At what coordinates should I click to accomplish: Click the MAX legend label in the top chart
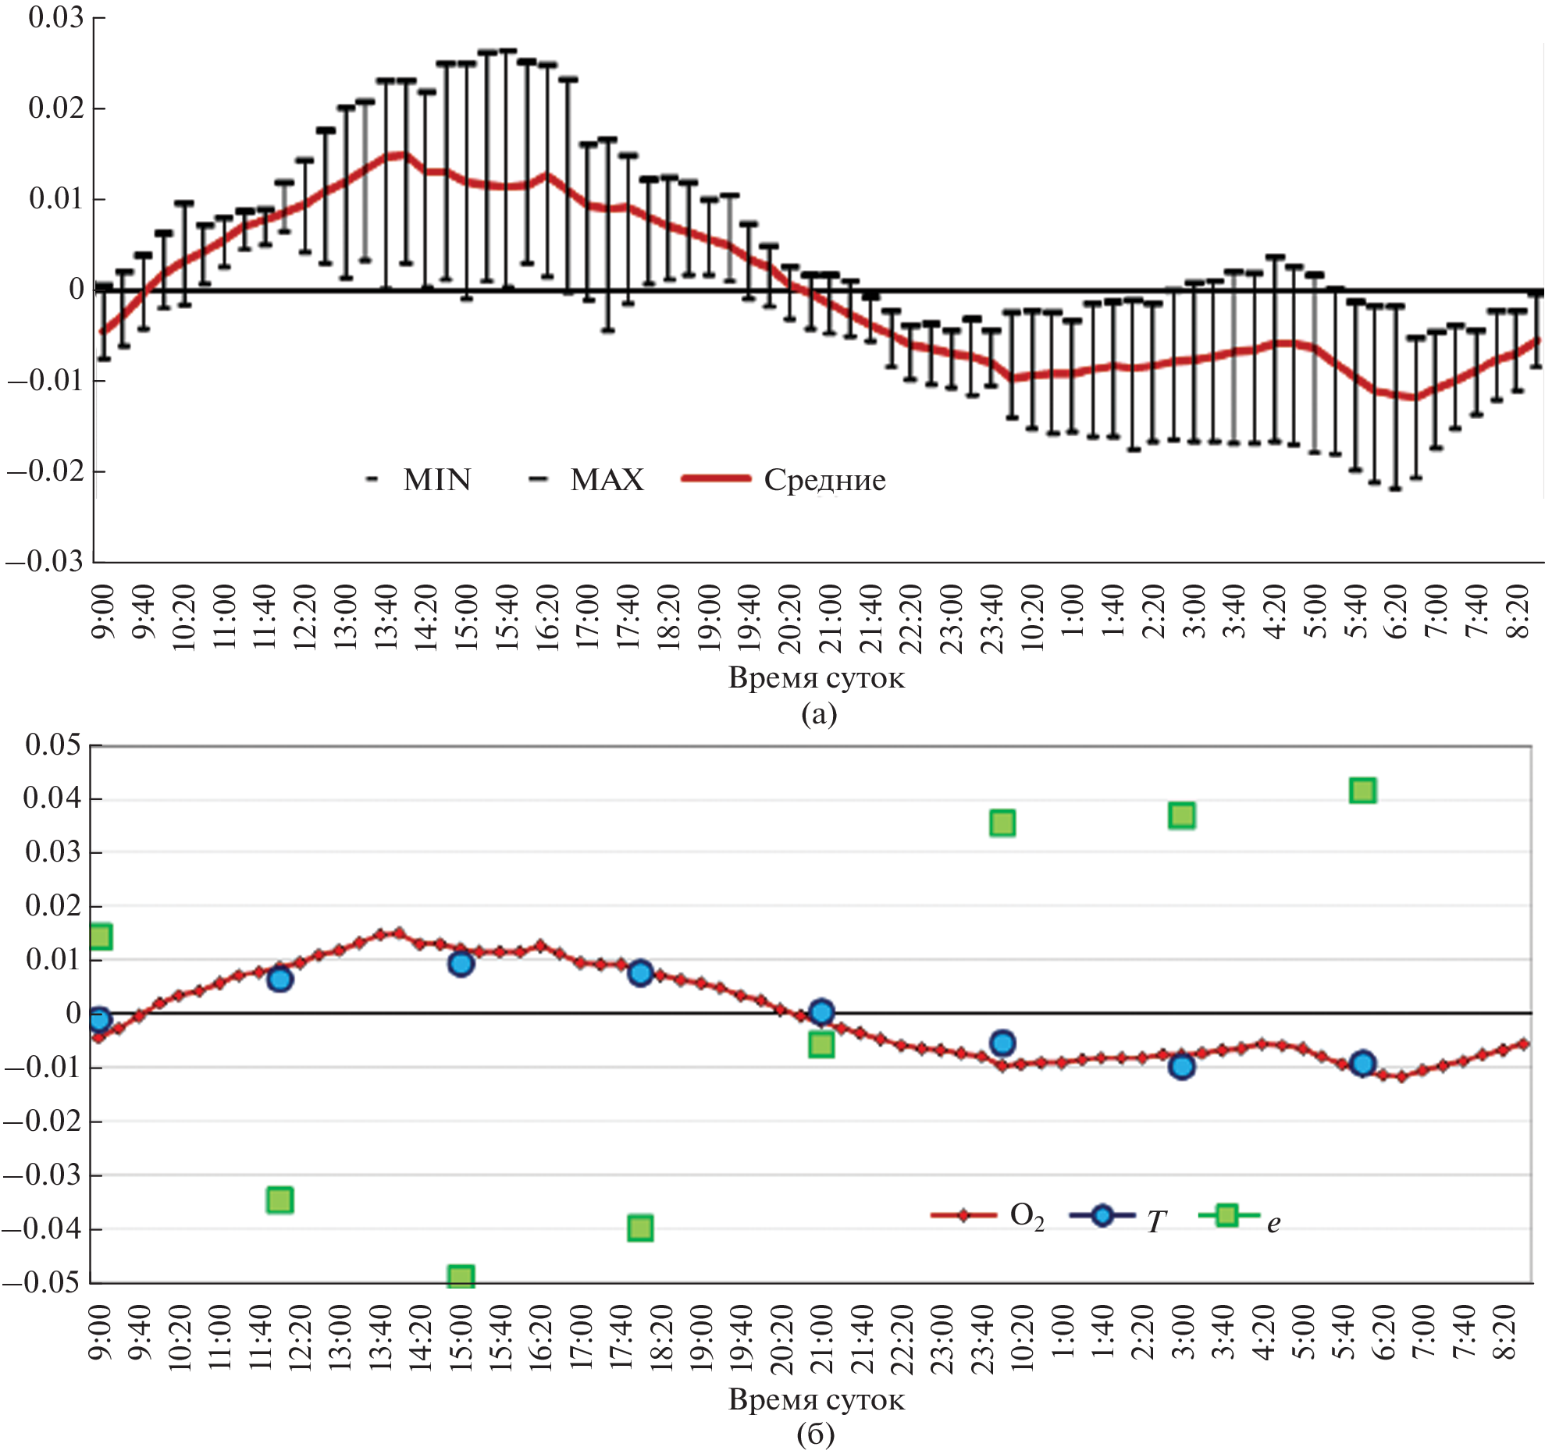coord(607,480)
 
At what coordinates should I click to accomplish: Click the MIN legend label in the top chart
coord(436,480)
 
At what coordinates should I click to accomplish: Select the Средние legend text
coord(824,480)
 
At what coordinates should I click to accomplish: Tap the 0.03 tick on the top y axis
coord(55,17)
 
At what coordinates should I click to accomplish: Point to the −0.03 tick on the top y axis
coord(45,561)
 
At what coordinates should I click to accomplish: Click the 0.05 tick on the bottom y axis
coord(52,745)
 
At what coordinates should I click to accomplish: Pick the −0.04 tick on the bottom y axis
coord(42,1229)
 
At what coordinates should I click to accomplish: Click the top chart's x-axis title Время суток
coord(816,677)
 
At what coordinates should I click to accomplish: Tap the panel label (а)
coord(818,713)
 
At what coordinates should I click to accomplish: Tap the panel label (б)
coord(816,1434)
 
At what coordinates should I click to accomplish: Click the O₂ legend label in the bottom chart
coord(1027,1217)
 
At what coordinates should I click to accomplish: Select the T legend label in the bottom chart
coord(1155,1221)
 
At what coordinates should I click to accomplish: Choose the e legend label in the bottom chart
coord(1273,1223)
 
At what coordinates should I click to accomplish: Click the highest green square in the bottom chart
coord(1362,791)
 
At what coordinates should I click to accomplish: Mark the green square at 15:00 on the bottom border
coord(461,1278)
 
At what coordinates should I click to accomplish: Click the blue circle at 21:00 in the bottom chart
coord(821,1012)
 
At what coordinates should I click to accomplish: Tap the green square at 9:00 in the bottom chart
coord(101,936)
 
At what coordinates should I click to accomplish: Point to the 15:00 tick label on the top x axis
coord(467,617)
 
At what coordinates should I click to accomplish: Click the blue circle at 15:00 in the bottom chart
coord(461,964)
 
